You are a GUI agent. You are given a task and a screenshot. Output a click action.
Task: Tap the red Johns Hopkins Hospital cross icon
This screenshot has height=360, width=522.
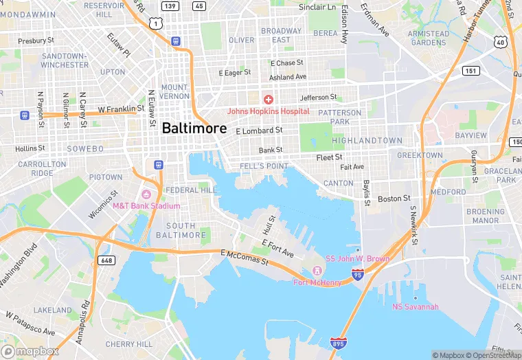(268, 100)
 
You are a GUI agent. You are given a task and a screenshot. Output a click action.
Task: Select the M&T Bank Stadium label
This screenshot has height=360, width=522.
(146, 205)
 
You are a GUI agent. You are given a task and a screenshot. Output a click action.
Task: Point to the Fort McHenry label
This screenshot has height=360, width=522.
(317, 282)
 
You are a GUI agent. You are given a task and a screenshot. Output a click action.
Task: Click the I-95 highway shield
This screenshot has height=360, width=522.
(358, 275)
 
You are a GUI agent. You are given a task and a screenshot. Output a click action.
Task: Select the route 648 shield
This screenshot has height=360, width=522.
(106, 260)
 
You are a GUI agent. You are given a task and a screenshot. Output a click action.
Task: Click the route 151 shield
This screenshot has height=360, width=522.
(470, 71)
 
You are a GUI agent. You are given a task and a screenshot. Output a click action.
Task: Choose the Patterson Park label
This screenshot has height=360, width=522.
(339, 117)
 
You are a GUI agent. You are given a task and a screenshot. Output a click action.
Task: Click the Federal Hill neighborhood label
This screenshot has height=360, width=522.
(191, 190)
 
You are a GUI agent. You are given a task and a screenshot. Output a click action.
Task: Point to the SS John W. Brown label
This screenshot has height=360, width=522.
(357, 259)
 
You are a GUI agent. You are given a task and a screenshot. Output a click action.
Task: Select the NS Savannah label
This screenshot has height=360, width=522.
(415, 306)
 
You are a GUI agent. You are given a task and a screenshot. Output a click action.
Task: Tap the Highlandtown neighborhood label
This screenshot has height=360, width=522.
(367, 140)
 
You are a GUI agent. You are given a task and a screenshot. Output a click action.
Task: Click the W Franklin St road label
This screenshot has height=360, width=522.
(121, 109)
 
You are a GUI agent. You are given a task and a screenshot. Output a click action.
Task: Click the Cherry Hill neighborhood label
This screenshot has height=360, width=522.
(130, 344)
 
